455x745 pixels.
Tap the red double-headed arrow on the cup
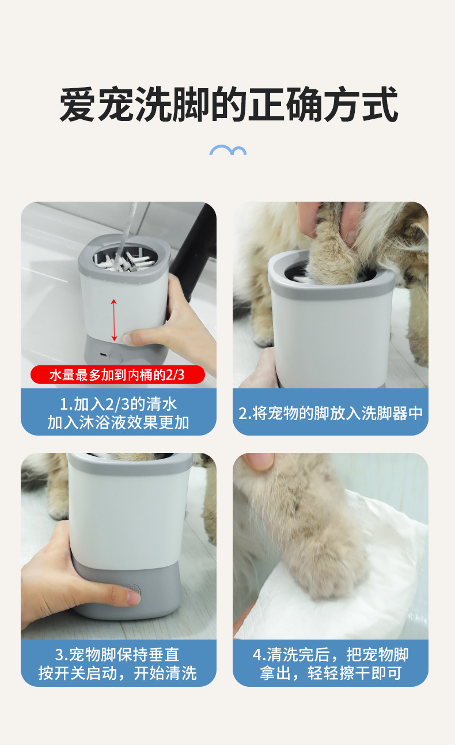point(114,320)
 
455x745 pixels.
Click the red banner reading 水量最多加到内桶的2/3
point(117,375)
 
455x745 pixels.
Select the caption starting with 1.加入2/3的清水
point(118,413)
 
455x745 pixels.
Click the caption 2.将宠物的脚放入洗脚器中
point(331,413)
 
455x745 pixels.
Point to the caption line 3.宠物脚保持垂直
point(117,655)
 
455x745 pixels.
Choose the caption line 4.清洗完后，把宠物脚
point(331,655)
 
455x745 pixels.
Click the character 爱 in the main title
point(78,104)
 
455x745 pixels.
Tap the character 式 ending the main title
point(380,104)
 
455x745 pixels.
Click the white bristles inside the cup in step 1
point(124,261)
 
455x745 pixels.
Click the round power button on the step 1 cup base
point(115,358)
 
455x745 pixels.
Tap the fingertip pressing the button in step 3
point(133,597)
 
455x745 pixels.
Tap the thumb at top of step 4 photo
point(259,462)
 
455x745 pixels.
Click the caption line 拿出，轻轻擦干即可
point(331,673)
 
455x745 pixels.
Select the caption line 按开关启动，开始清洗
point(117,673)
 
